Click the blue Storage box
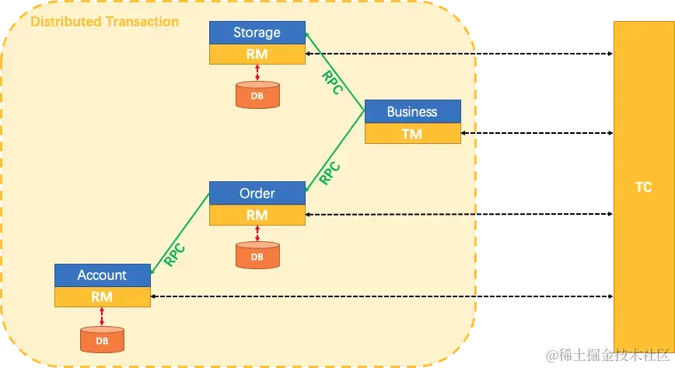257,33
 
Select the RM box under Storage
257,54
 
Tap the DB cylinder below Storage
257,95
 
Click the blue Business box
412,111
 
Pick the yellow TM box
412,134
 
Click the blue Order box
257,193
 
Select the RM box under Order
257,215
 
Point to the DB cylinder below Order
257,255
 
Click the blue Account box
102,275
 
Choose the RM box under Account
102,296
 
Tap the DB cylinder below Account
102,339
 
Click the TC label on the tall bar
643,188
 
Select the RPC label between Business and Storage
332,82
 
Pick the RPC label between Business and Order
331,172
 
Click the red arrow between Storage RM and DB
257,72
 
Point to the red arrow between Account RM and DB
102,316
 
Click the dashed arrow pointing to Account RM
311,296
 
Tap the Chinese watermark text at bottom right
607,355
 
